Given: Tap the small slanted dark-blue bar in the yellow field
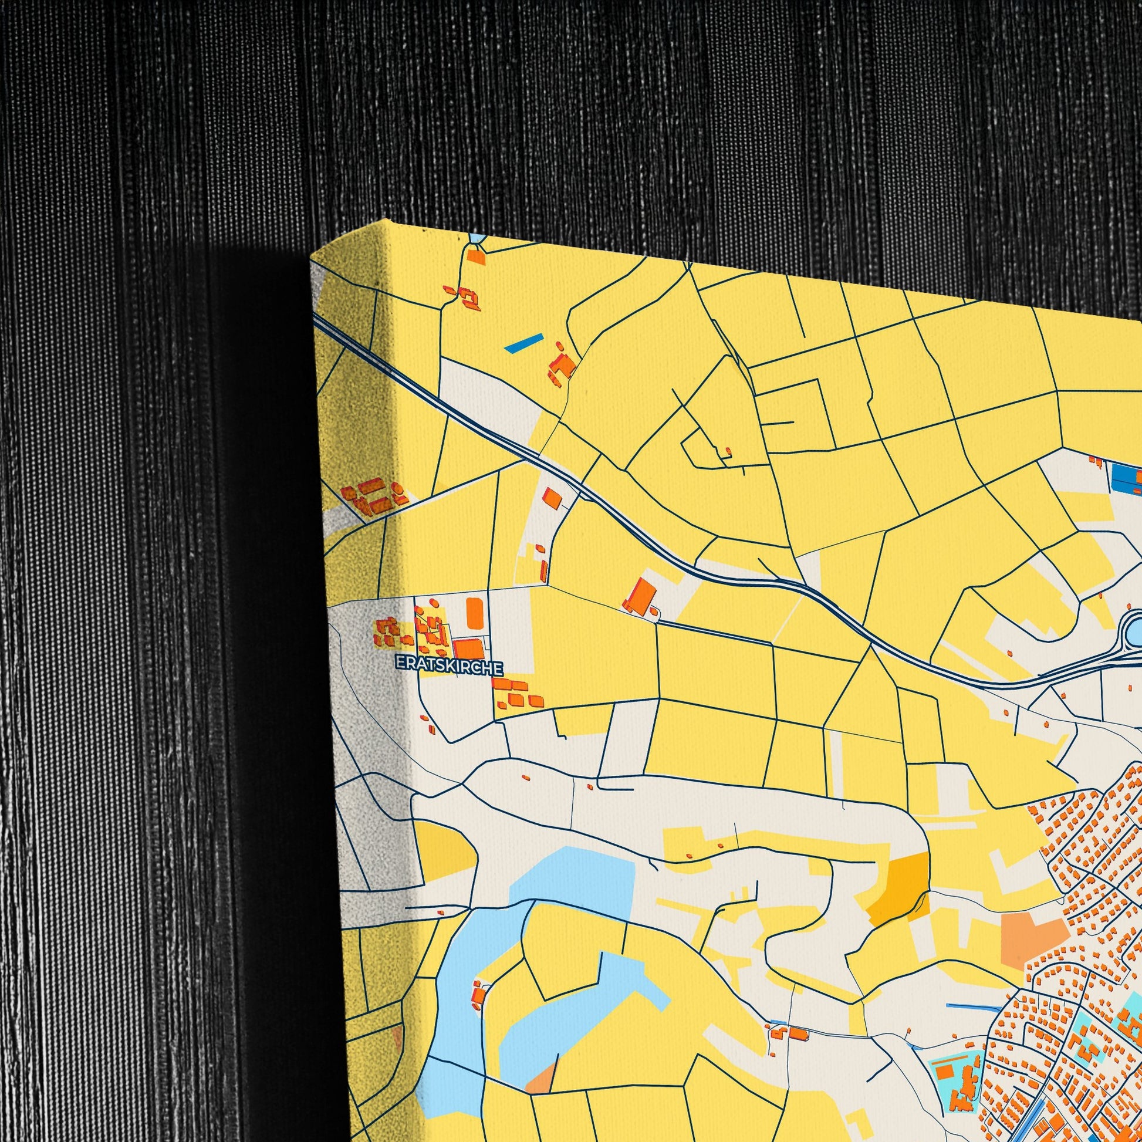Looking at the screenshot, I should click(523, 343).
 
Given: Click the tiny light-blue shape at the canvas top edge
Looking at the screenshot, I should click(478, 238).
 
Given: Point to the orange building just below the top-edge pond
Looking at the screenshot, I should click(475, 255).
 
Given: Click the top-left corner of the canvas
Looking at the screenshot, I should click(311, 260).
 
